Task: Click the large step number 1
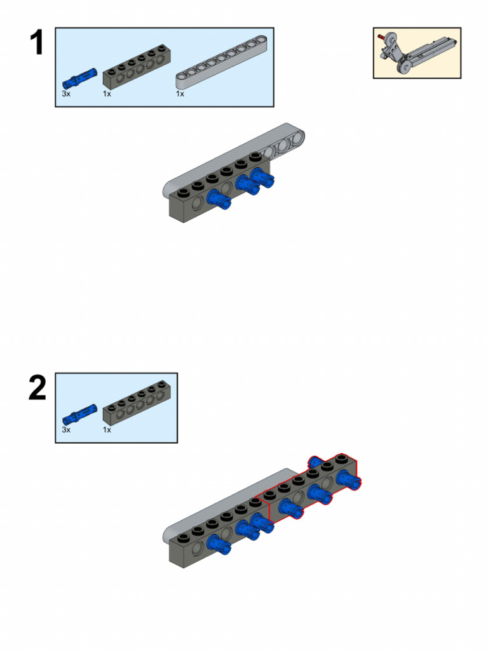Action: (x=37, y=43)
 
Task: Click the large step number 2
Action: (x=37, y=388)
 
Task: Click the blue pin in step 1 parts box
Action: (x=79, y=78)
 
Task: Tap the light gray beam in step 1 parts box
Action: (x=222, y=62)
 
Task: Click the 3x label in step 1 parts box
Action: (x=66, y=94)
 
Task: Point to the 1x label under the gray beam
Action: (x=180, y=94)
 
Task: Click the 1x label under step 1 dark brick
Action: (x=107, y=94)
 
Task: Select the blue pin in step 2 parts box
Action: (x=79, y=415)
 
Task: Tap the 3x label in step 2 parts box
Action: (x=66, y=430)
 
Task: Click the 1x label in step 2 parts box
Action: (x=107, y=430)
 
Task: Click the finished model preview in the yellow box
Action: (x=417, y=53)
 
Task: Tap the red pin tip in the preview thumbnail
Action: (x=380, y=37)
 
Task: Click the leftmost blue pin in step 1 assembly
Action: (x=219, y=199)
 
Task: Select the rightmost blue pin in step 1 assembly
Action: (x=262, y=178)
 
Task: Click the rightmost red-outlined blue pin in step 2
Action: (x=349, y=480)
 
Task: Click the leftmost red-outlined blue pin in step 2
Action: (x=291, y=508)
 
